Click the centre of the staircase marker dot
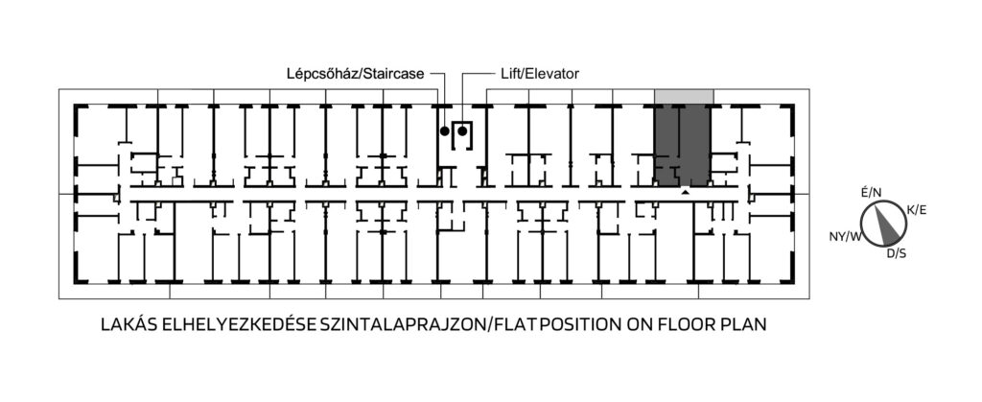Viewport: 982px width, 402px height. [x=445, y=130]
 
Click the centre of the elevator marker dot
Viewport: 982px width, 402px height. [x=462, y=130]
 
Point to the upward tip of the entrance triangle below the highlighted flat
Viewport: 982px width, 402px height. [x=686, y=190]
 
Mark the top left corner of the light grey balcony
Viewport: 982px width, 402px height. [x=655, y=89]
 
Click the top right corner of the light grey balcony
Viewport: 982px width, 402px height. [x=713, y=89]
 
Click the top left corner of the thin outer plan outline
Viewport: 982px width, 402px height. [x=58, y=89]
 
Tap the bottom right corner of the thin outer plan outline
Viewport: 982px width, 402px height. [x=809, y=298]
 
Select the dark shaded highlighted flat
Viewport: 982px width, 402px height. [x=682, y=145]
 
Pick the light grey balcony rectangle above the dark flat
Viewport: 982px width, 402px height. [x=684, y=97]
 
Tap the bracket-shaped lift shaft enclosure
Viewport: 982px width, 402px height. [x=462, y=134]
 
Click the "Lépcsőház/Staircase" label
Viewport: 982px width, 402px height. [x=356, y=74]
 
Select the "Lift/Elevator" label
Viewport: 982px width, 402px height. [x=540, y=74]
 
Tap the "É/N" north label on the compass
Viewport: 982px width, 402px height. [x=871, y=192]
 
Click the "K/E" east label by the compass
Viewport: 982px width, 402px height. [x=917, y=210]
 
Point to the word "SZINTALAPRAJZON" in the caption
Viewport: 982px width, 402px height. [x=402, y=325]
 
